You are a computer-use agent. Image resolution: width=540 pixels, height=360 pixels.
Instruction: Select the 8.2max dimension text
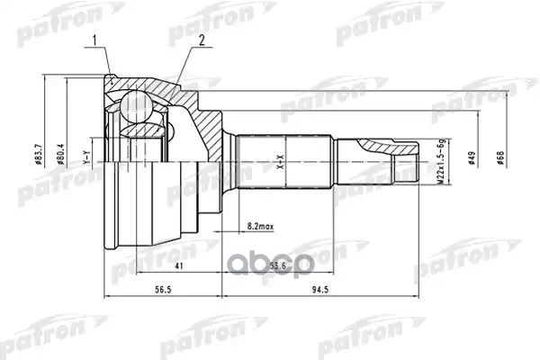[262, 224]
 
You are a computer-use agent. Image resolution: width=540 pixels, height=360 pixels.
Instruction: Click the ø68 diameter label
[500, 159]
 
